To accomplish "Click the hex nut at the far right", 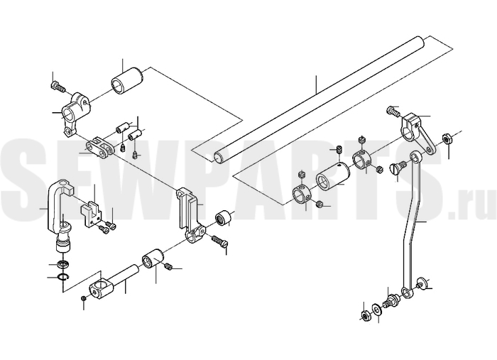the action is (447, 138).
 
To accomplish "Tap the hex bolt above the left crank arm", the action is (57, 86).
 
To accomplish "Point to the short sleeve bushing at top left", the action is (126, 81).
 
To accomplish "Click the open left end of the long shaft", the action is (218, 157).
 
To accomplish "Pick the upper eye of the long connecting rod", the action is (415, 157).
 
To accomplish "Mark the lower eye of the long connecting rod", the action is (407, 292).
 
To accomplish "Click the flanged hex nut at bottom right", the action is (365, 315).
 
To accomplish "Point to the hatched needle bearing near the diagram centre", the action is (222, 218).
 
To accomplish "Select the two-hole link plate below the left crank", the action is (99, 147).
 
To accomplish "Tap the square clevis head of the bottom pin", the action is (102, 285).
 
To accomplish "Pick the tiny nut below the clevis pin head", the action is (84, 298).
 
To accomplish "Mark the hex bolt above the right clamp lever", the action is (393, 111).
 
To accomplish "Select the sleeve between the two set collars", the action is (333, 177).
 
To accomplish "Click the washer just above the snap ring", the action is (62, 263).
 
